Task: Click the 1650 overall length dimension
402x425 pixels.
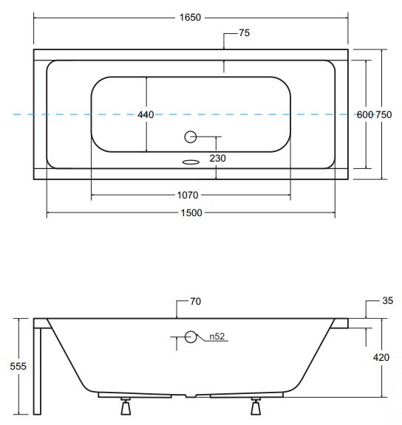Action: (x=190, y=18)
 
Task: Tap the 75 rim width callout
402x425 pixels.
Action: (x=245, y=32)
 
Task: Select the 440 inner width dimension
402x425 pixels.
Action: (x=146, y=114)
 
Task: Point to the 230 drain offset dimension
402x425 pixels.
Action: (x=218, y=158)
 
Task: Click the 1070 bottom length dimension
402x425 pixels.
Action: (x=188, y=195)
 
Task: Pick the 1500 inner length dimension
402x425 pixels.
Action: (x=191, y=212)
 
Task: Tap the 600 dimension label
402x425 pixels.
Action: (x=365, y=114)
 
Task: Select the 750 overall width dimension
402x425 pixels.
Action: (x=384, y=114)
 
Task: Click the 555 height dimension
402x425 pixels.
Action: (x=18, y=366)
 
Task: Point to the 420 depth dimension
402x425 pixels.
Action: (x=381, y=357)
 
